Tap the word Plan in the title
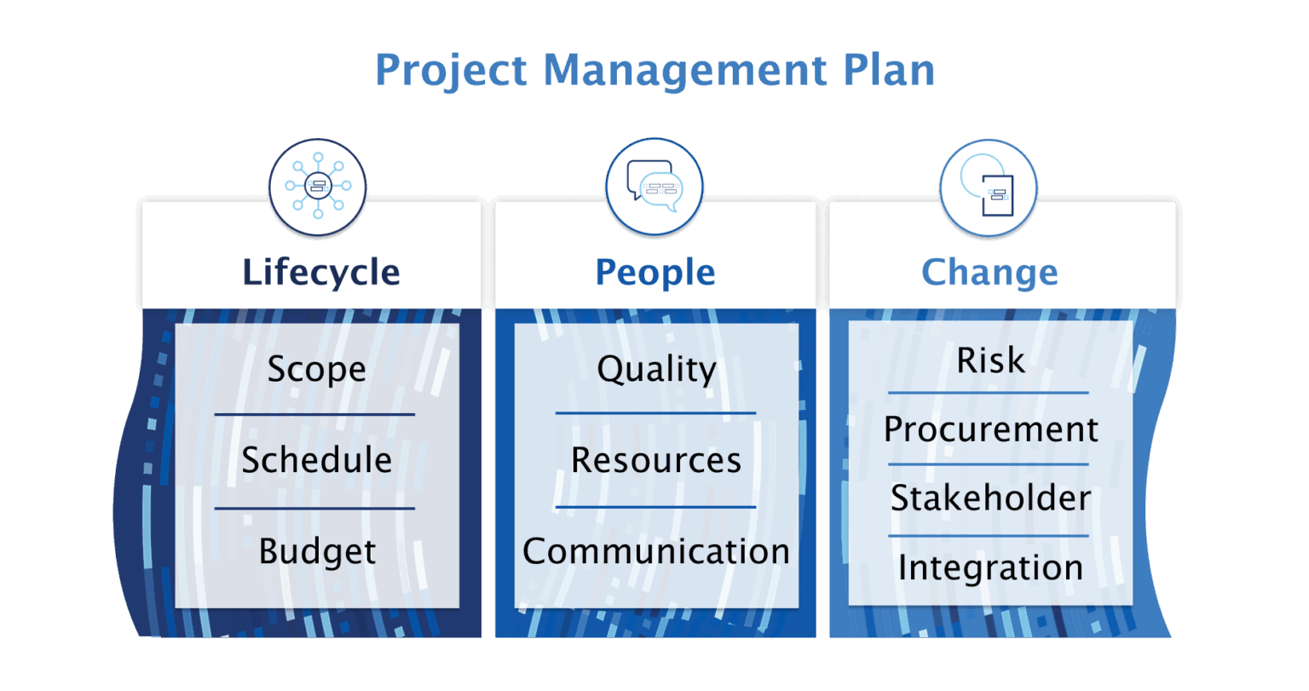889,71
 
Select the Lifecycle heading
320,273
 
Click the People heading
655,273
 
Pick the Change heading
989,273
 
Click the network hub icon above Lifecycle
318,186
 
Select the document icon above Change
989,187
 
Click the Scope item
316,370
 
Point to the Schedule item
316,461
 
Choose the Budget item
317,552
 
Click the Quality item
656,370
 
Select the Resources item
655,461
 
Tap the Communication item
655,552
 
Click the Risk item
990,360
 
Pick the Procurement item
990,429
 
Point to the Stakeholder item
990,498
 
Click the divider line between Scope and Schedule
314,415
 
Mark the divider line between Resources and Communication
655,507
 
